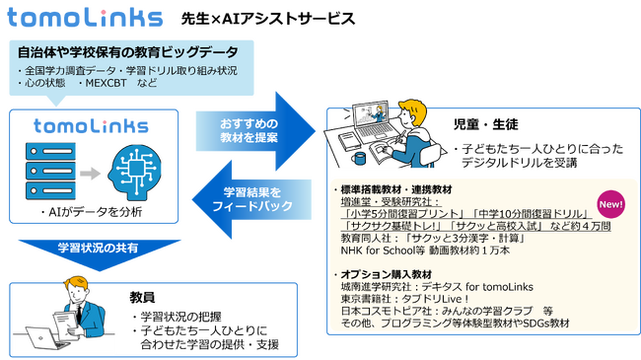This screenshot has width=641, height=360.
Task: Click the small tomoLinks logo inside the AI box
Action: (x=92, y=125)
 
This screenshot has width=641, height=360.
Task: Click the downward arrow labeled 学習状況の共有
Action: (x=97, y=246)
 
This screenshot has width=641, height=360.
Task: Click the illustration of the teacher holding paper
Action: (x=59, y=318)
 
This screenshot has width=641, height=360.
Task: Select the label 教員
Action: (x=142, y=296)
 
